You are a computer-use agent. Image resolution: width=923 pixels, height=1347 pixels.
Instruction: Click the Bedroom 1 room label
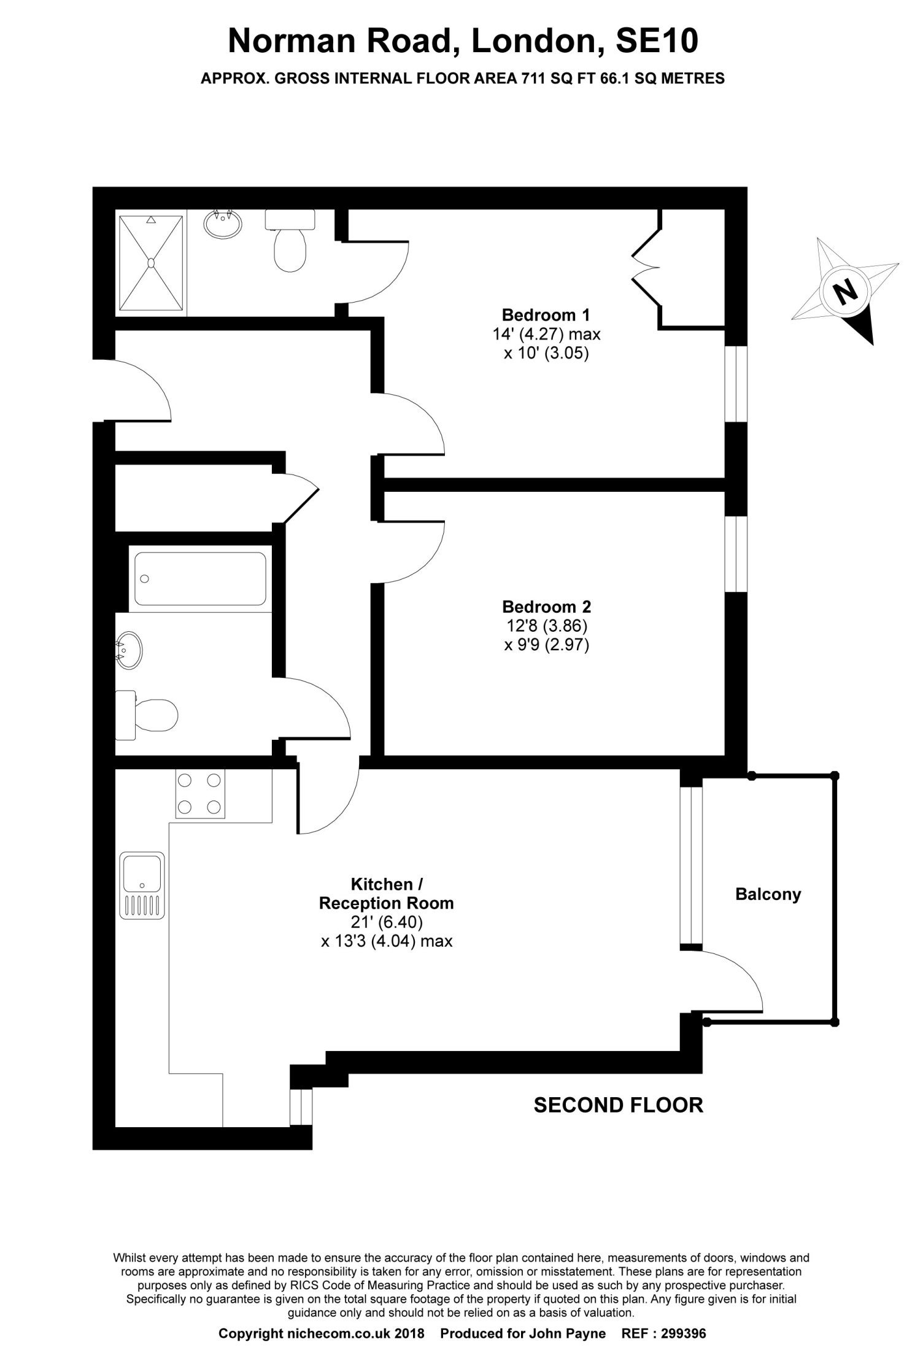[x=546, y=315]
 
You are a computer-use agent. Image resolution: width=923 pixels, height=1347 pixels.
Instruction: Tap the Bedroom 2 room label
[x=546, y=607]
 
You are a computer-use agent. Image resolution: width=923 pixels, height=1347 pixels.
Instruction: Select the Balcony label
[x=768, y=894]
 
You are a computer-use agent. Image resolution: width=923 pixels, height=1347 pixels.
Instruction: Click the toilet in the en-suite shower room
[x=290, y=240]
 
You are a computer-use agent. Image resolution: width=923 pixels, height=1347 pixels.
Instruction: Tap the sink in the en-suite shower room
[x=222, y=223]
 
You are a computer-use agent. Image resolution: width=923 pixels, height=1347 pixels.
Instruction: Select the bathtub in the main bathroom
[x=200, y=578]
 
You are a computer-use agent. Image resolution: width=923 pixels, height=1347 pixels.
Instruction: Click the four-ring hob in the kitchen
[x=199, y=793]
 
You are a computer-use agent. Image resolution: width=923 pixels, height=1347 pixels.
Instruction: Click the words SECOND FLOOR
[x=618, y=1105]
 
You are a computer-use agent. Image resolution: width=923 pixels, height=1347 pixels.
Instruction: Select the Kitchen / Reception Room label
[x=387, y=893]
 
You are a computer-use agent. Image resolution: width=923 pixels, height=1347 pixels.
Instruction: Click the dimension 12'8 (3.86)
[x=546, y=626]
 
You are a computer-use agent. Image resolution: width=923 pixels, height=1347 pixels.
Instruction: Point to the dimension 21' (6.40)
[x=387, y=922]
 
